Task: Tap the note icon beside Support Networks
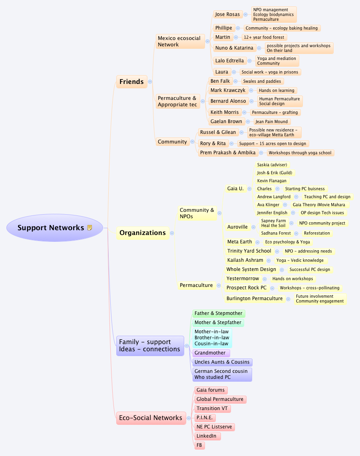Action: pos(90,228)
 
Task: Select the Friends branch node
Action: pos(131,82)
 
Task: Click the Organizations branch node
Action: pos(142,233)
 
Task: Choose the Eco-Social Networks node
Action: pos(151,418)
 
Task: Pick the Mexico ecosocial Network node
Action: pos(179,42)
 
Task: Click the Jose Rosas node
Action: pos(227,14)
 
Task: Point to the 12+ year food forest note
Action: pos(264,37)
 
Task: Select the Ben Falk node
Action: pos(220,81)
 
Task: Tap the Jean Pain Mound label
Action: pos(271,121)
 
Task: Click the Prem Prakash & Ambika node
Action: pos(227,153)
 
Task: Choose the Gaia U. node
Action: pos(235,189)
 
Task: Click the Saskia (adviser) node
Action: pos(272,165)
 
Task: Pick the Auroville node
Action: pos(238,227)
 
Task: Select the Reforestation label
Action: pos(317,233)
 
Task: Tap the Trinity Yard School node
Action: pos(249,251)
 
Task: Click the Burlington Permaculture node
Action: pos(254,299)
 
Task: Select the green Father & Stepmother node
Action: pos(218,313)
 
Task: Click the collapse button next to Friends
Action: pos(150,82)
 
